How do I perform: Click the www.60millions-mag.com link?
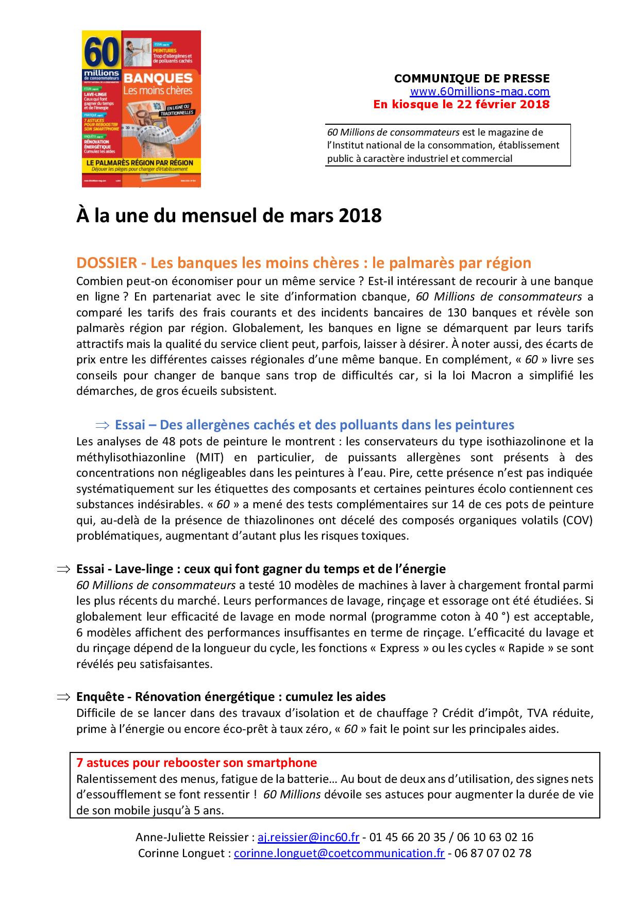(x=480, y=92)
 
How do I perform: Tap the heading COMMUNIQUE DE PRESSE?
(x=472, y=79)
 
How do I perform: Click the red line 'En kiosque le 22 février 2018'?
(x=461, y=105)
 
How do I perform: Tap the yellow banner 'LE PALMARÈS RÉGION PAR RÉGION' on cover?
(x=140, y=163)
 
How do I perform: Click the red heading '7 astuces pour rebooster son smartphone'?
(x=196, y=762)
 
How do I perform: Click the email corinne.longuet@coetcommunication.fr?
(x=339, y=853)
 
